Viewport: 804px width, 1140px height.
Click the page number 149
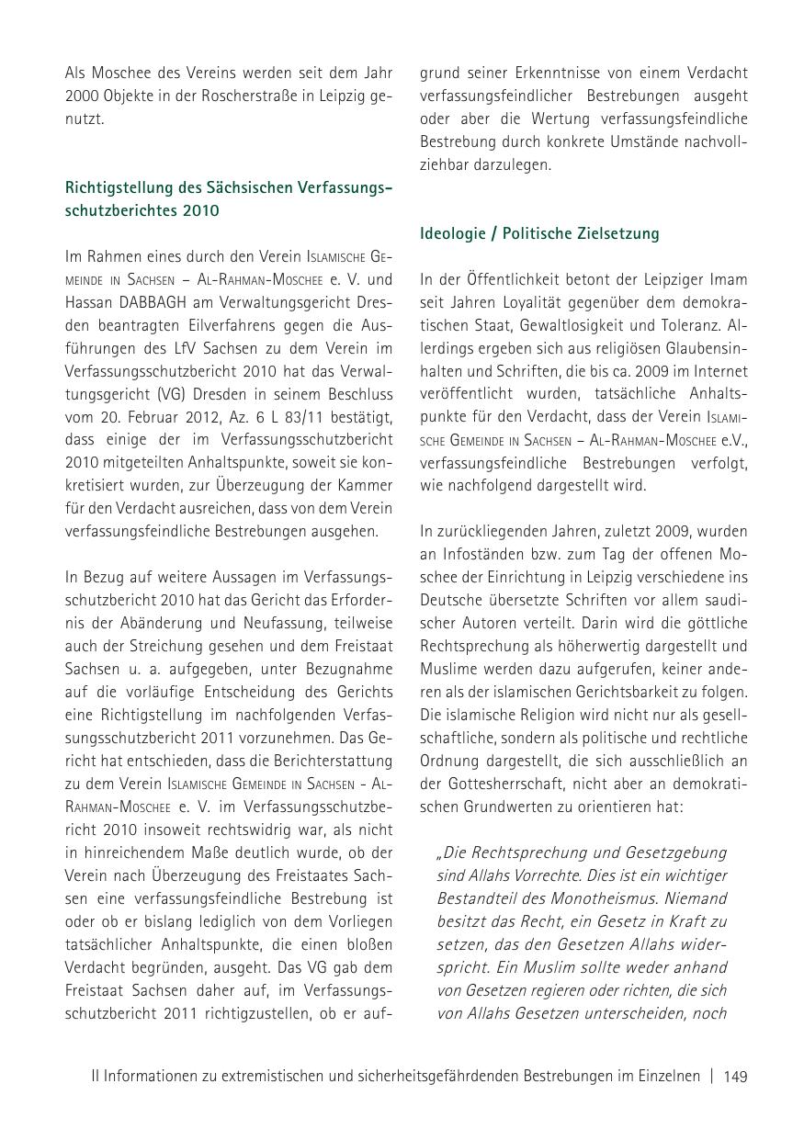pos(735,1077)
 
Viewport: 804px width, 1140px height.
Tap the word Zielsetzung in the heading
pos(619,233)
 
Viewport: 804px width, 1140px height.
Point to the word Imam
pos(727,279)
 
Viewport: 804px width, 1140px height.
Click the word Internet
pos(720,371)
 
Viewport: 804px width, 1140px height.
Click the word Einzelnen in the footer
pos(664,1077)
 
